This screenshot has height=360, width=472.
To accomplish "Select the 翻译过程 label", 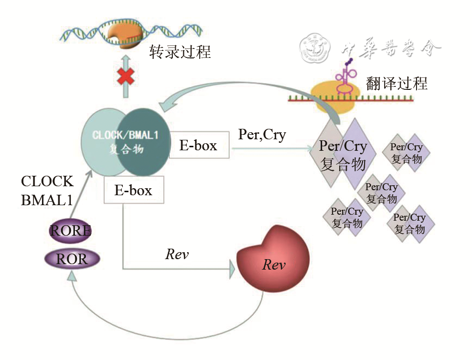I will pyautogui.click(x=397, y=83).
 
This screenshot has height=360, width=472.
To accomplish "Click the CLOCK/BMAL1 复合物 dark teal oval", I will pyautogui.click(x=141, y=141).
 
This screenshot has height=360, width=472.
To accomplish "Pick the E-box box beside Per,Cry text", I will pyautogui.click(x=199, y=145).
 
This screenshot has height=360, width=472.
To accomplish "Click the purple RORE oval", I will pyautogui.click(x=70, y=231).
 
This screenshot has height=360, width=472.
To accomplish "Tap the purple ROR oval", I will pyautogui.click(x=72, y=259).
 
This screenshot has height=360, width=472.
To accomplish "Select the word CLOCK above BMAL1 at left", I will pyautogui.click(x=47, y=181).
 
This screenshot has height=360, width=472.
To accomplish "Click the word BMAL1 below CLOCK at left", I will pyautogui.click(x=47, y=200).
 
